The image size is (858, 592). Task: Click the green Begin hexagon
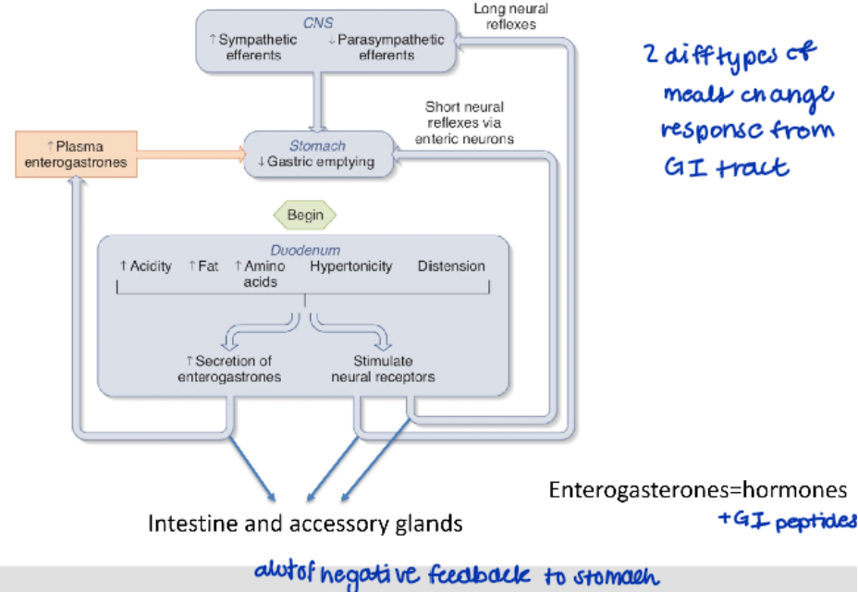[x=305, y=216]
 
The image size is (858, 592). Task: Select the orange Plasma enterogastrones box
[x=76, y=154]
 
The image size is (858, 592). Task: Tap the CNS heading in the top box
[x=318, y=22]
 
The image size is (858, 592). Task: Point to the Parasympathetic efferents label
[x=386, y=47]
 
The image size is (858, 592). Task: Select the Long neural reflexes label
[x=510, y=16]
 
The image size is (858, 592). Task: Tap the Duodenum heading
[x=305, y=250]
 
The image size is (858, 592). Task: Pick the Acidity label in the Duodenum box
[x=145, y=266]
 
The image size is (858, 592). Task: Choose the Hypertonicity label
[x=351, y=266]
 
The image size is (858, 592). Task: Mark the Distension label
[x=451, y=266]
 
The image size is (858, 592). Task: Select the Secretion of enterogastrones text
[x=229, y=368]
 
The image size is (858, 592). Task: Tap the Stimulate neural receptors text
[x=383, y=368]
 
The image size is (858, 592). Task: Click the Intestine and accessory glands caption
[x=305, y=524]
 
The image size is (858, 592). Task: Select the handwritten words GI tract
[x=727, y=167]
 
